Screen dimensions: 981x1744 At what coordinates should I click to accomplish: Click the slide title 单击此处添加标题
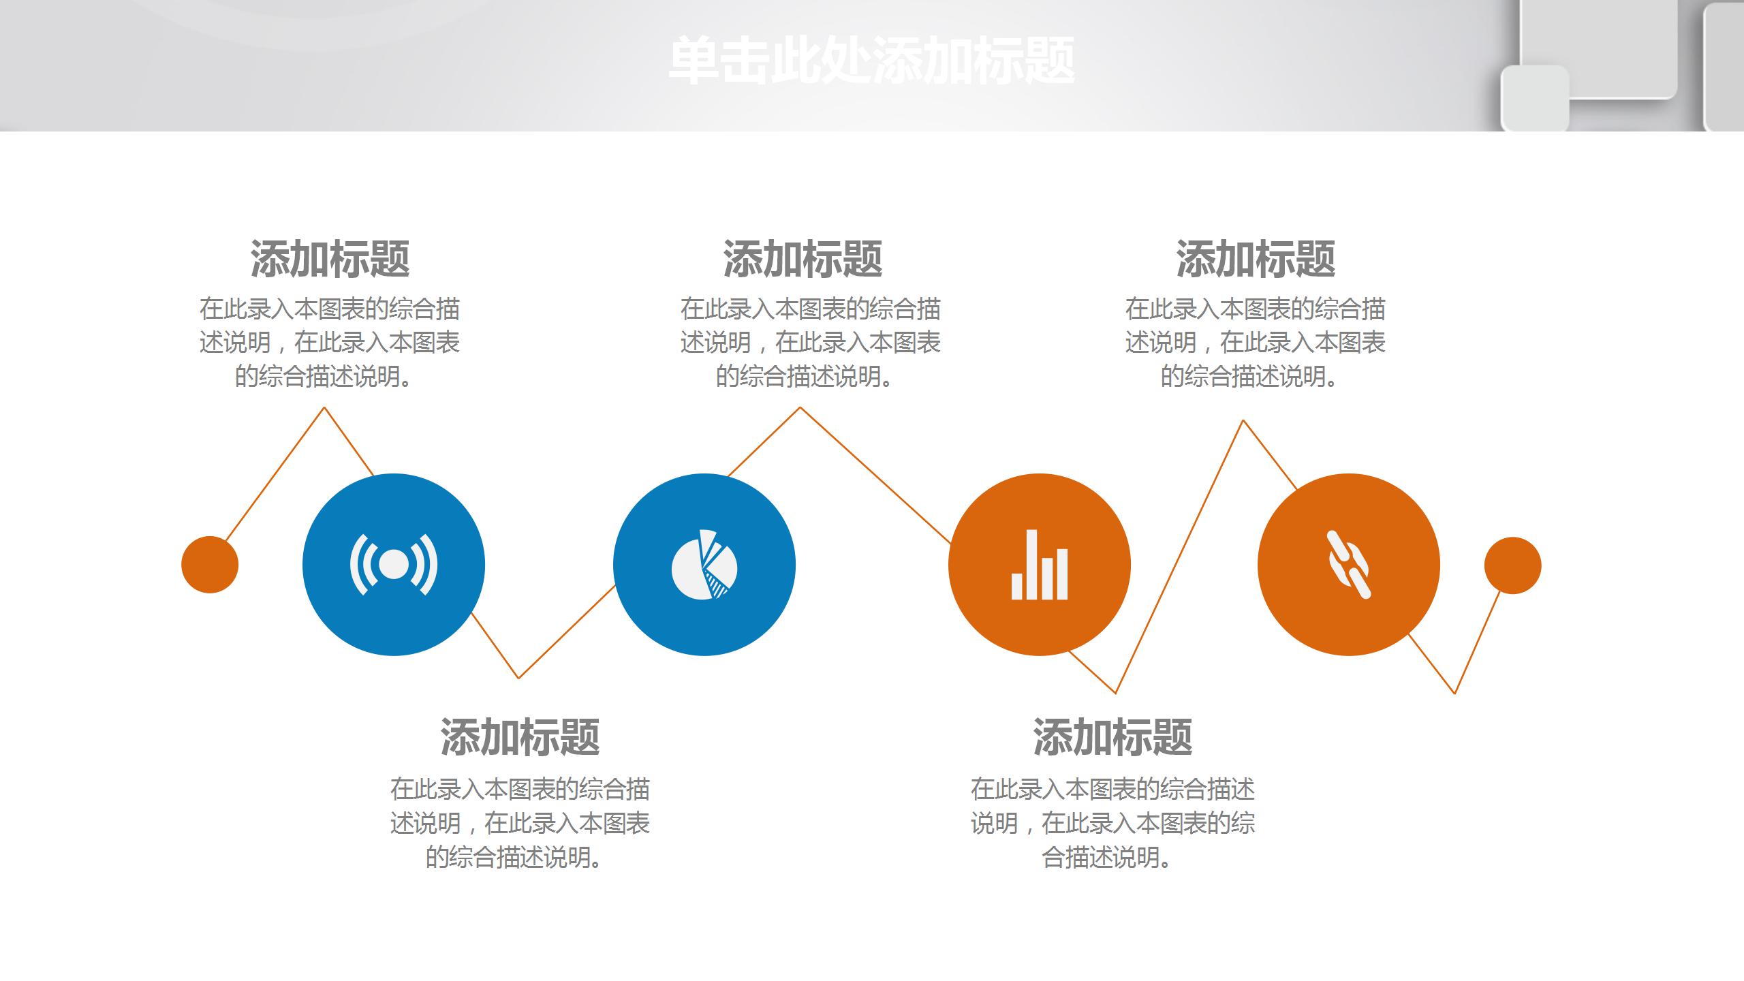click(x=871, y=61)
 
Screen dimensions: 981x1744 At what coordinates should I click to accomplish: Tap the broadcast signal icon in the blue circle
click(x=394, y=565)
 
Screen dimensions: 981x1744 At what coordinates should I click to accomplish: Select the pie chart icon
click(x=704, y=565)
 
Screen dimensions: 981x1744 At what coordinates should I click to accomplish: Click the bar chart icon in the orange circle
click(x=1039, y=565)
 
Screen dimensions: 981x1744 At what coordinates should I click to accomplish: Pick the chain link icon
click(x=1349, y=565)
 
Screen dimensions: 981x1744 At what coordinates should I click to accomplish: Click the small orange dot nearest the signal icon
click(x=210, y=565)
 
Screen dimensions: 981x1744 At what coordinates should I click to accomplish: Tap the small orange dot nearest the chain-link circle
click(x=1512, y=565)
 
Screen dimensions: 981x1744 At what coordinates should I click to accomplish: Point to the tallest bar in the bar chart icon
click(x=1032, y=564)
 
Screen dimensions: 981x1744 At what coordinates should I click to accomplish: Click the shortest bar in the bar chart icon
click(x=1017, y=586)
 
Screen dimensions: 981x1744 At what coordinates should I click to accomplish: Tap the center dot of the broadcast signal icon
click(x=394, y=565)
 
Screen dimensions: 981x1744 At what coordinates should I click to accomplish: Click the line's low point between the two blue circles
click(x=518, y=677)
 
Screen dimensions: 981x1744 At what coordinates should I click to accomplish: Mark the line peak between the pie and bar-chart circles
click(x=800, y=408)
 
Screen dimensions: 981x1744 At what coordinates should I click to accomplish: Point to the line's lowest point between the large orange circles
click(x=1115, y=693)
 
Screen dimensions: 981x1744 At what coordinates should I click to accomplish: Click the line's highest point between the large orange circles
click(x=1243, y=421)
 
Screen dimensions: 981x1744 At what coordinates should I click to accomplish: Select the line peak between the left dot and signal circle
click(x=324, y=408)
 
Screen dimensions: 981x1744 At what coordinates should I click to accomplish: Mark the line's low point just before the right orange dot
click(x=1454, y=693)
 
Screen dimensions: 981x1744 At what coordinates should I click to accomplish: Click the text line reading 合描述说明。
click(x=1106, y=857)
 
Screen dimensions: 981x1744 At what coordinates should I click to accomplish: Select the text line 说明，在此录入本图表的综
click(x=1112, y=823)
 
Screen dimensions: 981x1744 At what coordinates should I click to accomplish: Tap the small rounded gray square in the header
click(x=1535, y=97)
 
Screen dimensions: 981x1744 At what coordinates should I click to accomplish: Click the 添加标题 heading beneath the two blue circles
click(x=520, y=737)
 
